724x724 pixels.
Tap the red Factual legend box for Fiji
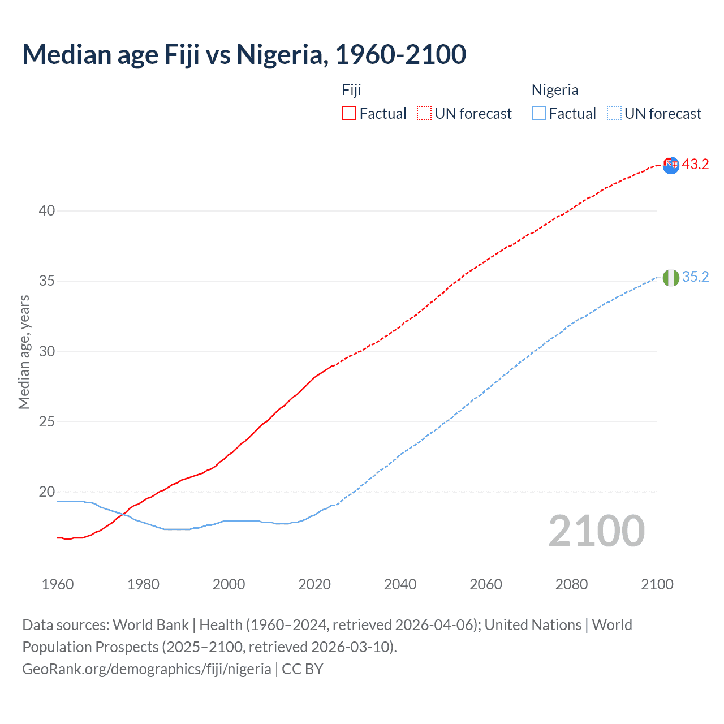[349, 114]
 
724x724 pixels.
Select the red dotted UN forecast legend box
[424, 114]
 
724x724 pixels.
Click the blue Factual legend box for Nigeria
[539, 114]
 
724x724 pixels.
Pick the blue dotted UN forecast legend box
[614, 114]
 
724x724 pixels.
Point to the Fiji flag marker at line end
[671, 165]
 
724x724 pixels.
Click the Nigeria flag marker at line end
[671, 278]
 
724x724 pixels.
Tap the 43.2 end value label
[695, 165]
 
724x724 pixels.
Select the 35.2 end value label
[695, 277]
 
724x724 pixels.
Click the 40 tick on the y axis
[47, 211]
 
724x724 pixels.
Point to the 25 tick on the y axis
[47, 422]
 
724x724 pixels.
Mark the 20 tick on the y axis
[47, 492]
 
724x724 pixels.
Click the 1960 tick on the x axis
[58, 584]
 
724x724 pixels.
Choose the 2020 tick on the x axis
[314, 584]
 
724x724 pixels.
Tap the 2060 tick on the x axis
[486, 584]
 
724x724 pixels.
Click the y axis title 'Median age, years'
[24, 352]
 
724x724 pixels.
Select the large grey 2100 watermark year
[597, 531]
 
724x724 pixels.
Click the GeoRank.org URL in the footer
[146, 669]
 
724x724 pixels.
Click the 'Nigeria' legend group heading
[555, 90]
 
